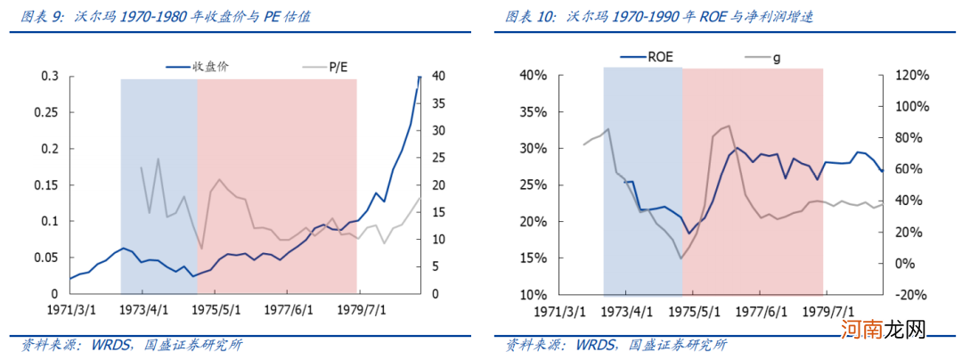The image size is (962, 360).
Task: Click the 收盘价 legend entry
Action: [x=194, y=66]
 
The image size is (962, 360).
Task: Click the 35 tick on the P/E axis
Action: [x=438, y=103]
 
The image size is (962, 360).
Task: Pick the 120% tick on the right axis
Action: [x=910, y=76]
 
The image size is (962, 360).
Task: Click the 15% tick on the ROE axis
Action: [x=557, y=258]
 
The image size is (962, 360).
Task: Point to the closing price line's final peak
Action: [x=420, y=78]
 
